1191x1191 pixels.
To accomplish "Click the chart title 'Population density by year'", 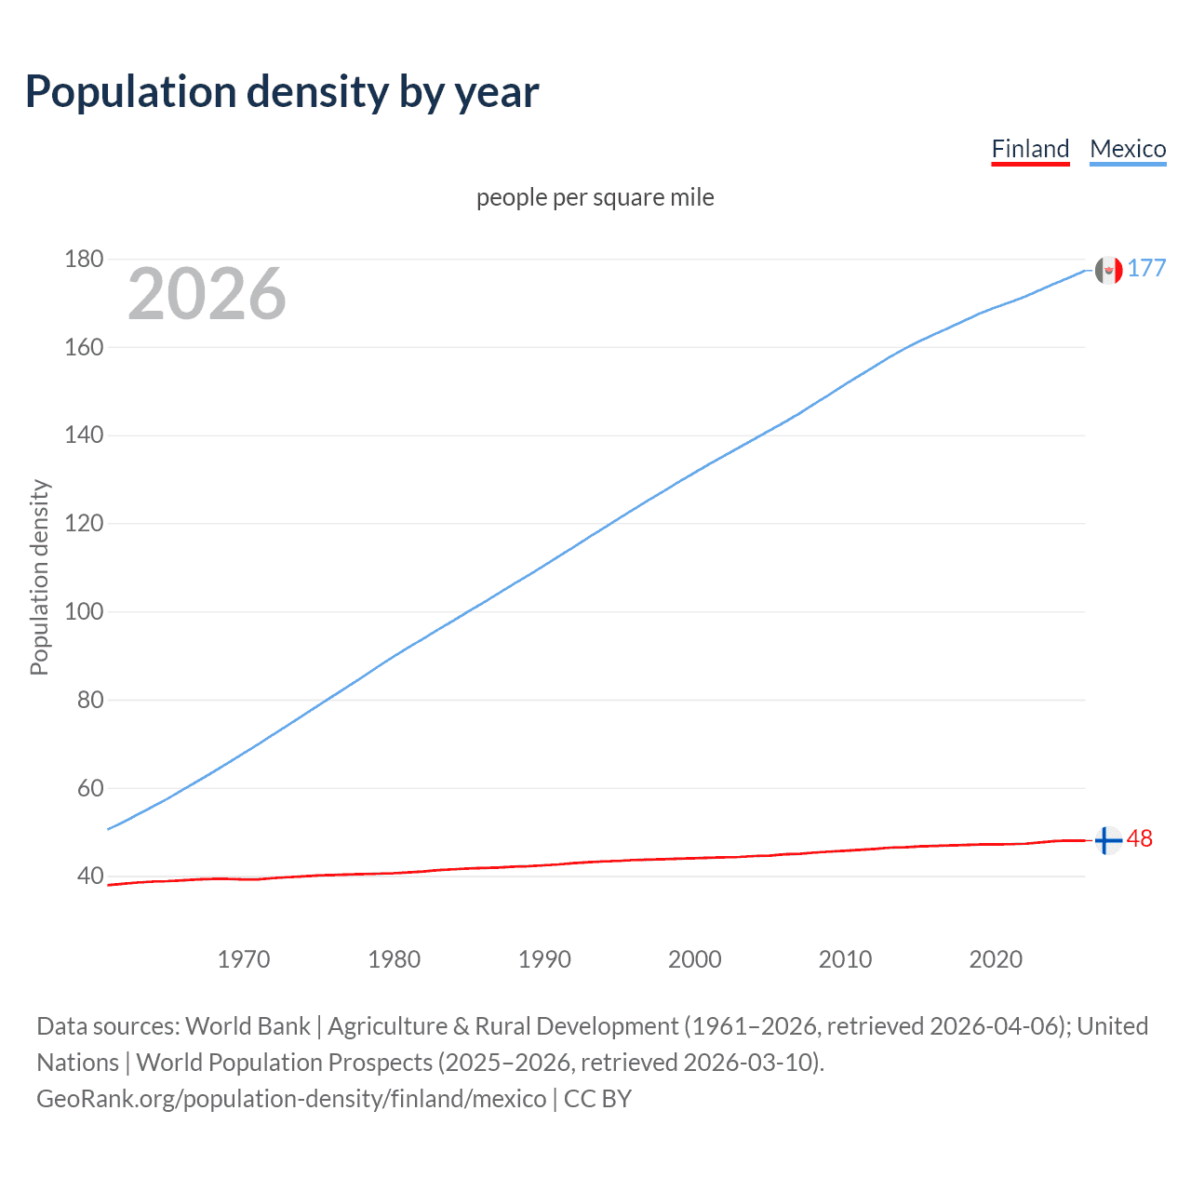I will pos(282,92).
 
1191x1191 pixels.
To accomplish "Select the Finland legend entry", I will pos(1030,149).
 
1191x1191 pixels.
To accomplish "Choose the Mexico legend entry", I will pos(1128,149).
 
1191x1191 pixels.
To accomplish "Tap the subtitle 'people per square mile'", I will pos(595,198).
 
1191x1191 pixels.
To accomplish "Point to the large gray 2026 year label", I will pos(207,294).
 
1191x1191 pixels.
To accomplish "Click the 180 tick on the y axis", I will pos(84,259).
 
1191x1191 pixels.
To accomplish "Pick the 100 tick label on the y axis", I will pos(84,611).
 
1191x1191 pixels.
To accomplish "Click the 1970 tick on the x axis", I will pos(244,959).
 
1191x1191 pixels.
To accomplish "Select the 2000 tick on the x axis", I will pos(695,959).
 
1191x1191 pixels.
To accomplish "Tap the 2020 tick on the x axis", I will pos(996,959).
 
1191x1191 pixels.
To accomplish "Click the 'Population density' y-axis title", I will pos(39,577).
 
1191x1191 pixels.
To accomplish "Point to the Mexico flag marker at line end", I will pos(1108,270).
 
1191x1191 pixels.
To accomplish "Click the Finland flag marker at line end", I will pos(1107,840).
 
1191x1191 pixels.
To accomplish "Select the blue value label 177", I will pos(1146,269).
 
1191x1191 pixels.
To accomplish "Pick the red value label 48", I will pos(1140,839).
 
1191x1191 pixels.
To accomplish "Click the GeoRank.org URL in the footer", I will pos(291,1099).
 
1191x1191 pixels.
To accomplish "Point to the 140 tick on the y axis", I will pos(84,435).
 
